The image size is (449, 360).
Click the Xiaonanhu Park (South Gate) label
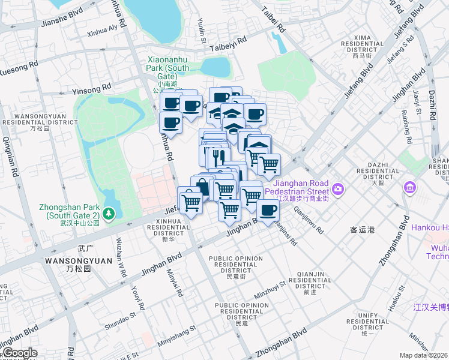[x=167, y=68]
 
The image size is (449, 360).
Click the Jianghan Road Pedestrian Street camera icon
[x=339, y=189]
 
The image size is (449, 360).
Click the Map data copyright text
[x=424, y=355]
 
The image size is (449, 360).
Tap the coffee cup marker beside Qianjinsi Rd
[x=268, y=211]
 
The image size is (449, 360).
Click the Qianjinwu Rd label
[x=309, y=220]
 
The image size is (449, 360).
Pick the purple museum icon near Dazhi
[x=411, y=188]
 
